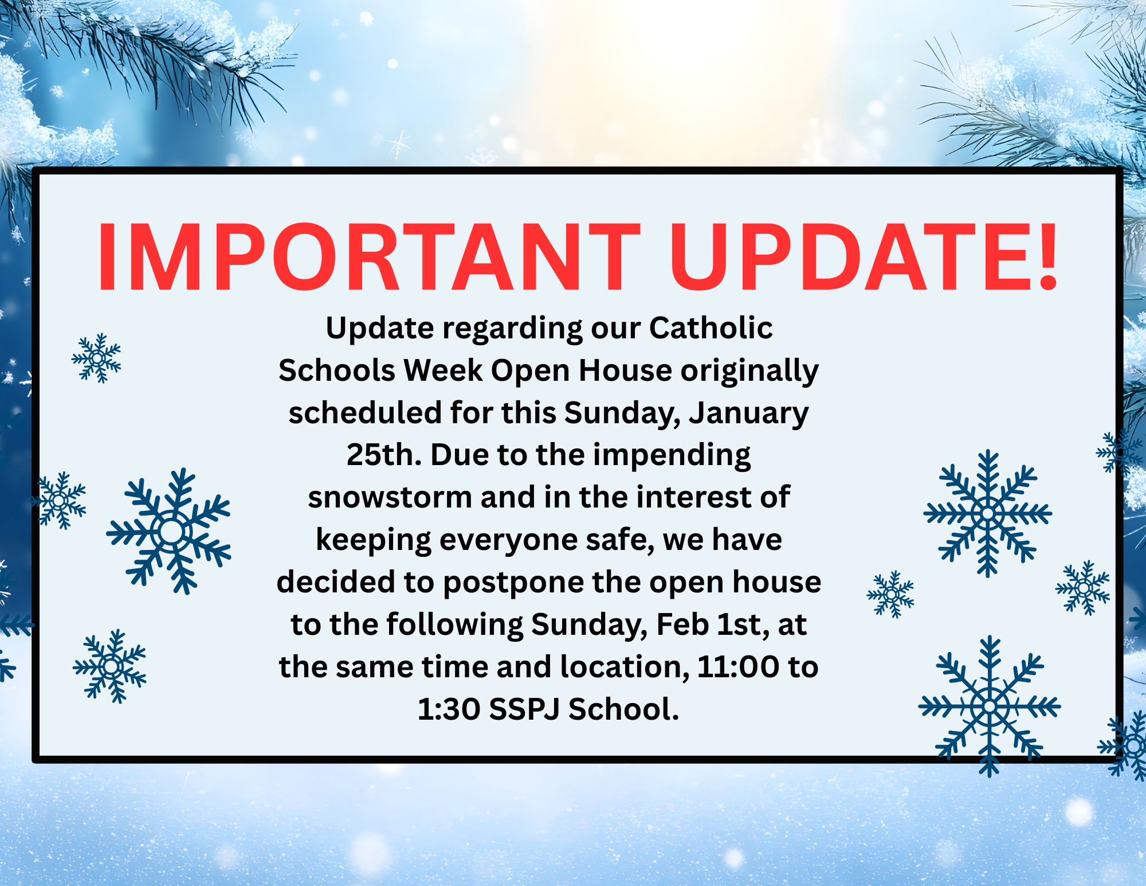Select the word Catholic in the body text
click(711, 328)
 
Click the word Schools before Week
click(336, 370)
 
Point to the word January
click(748, 414)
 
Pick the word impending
click(672, 456)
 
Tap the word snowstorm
click(390, 497)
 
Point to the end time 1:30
click(449, 709)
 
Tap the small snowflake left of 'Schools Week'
click(96, 358)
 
